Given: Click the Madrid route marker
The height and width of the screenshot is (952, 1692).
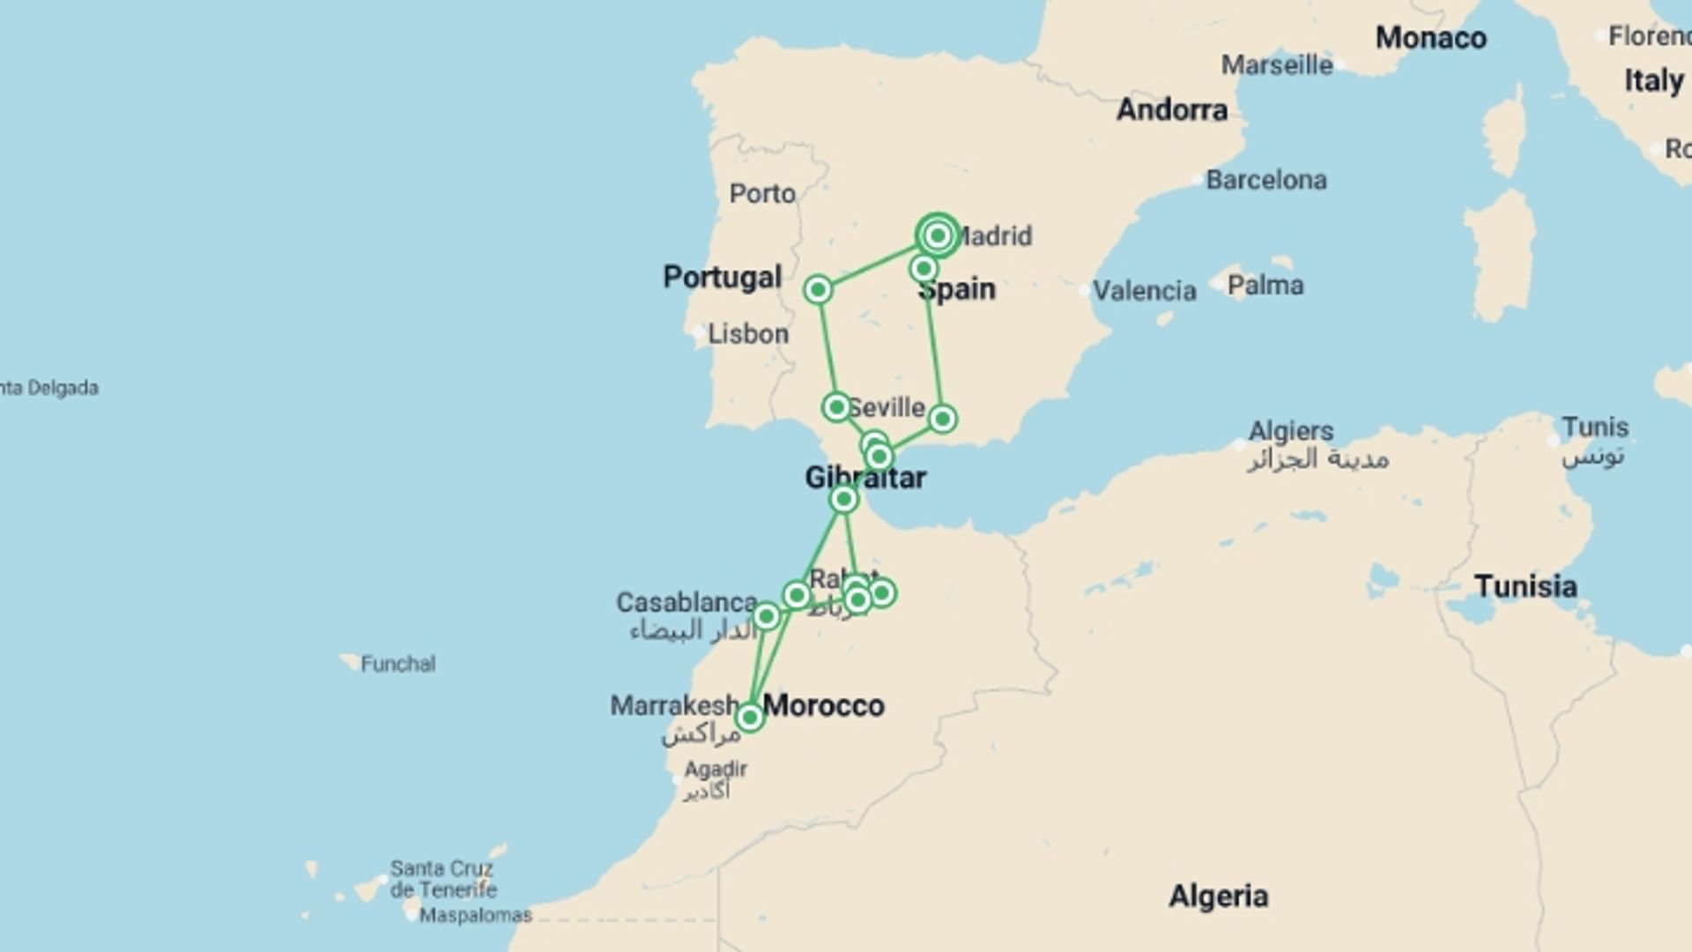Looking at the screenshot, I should coord(938,235).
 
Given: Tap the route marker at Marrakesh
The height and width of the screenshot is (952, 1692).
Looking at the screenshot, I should coord(750,718).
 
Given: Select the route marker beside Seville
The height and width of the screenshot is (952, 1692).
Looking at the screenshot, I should coord(835,406).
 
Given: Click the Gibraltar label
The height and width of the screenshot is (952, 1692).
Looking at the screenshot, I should coord(865,478).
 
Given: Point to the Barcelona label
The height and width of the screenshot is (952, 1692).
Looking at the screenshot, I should coord(1265,180).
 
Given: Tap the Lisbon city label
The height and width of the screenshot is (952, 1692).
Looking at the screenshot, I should coord(748,334).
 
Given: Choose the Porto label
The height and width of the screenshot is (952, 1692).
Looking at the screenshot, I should coord(762,193).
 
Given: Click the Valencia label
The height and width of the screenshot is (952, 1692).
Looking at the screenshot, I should coord(1145,290).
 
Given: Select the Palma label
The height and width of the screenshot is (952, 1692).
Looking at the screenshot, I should coord(1265,286).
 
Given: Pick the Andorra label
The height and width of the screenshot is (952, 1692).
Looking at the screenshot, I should coord(1172,109).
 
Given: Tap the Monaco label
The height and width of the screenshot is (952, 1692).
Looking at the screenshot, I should coord(1431,38).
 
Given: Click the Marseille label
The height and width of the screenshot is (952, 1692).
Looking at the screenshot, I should coord(1277,64).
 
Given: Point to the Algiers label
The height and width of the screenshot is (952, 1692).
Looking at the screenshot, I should coord(1291,431).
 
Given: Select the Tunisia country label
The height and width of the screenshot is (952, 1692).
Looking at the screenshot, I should coord(1525,586).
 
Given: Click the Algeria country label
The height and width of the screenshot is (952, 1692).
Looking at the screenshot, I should coord(1219,896).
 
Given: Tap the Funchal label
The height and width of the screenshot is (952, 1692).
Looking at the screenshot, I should coord(397,664).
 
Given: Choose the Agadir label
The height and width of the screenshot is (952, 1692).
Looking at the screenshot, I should coord(716,770).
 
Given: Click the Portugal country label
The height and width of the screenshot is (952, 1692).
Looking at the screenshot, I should coord(723,277).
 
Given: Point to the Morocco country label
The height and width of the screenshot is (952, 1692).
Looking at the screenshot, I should coord(824,705).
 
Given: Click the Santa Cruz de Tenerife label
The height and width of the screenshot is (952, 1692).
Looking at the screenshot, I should coord(442,879).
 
